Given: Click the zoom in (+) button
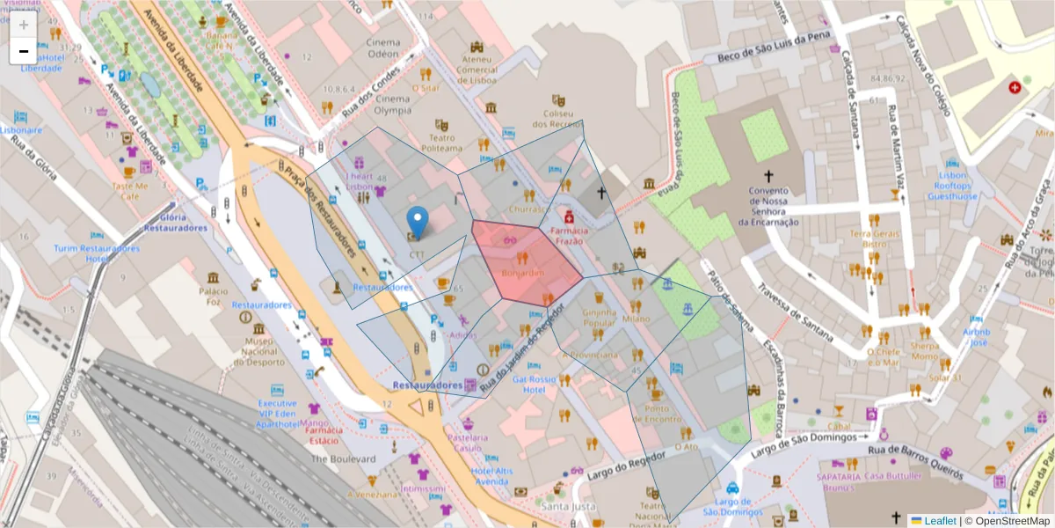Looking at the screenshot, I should [24, 25].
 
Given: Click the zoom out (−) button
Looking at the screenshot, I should [24, 51].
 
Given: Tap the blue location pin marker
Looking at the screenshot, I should [418, 223].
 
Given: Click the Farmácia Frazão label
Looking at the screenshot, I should [569, 235].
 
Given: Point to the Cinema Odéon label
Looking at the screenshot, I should [382, 47].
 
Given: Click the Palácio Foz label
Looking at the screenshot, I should [214, 297].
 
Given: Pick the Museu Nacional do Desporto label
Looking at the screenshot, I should [258, 350].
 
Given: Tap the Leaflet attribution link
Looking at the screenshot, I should [939, 521].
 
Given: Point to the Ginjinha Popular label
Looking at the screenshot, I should [600, 318].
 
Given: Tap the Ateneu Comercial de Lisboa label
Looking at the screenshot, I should [477, 70].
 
